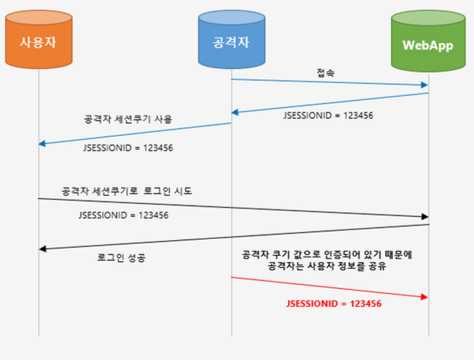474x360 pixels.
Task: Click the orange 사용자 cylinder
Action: [39, 39]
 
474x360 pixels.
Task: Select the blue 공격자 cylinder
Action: [231, 39]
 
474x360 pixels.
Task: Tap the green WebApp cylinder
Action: [428, 41]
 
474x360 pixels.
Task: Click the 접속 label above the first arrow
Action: [325, 73]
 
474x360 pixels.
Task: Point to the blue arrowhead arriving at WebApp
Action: [425, 85]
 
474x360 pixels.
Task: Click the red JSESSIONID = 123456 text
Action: [334, 304]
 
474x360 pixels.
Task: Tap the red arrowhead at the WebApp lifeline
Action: [425, 297]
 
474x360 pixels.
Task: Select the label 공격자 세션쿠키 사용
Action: [128, 119]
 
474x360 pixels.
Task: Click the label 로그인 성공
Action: [121, 258]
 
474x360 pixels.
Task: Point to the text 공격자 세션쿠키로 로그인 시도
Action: [126, 191]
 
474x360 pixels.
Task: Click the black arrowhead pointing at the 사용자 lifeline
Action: [43, 249]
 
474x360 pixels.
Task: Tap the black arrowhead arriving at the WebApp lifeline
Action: [425, 216]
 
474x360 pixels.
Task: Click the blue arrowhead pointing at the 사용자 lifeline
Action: [42, 144]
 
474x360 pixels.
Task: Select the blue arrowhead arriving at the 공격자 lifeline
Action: [235, 112]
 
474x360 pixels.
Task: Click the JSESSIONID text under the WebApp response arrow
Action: [328, 116]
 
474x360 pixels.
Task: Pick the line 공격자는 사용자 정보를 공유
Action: [327, 266]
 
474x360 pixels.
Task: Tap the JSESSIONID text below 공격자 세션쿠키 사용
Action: [128, 148]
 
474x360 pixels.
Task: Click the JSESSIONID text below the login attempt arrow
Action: [124, 216]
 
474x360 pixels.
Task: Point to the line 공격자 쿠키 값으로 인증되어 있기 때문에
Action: [327, 255]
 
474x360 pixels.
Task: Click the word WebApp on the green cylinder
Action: [428, 46]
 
